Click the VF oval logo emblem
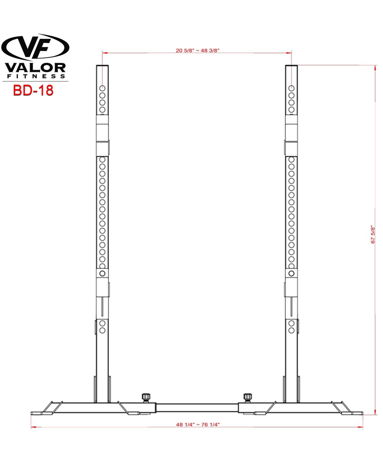[35, 47]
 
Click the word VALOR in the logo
[35, 68]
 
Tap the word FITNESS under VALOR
[35, 76]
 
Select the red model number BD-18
[33, 90]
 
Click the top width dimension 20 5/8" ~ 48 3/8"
[197, 50]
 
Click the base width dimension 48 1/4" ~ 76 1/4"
[197, 424]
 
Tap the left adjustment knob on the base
[145, 397]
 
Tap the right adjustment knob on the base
[248, 397]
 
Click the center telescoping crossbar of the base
[197, 408]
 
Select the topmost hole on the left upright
[102, 88]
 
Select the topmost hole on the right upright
[291, 88]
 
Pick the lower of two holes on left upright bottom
[102, 331]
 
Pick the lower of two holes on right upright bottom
[291, 331]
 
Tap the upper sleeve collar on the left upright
[102, 133]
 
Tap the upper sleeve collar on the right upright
[291, 133]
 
